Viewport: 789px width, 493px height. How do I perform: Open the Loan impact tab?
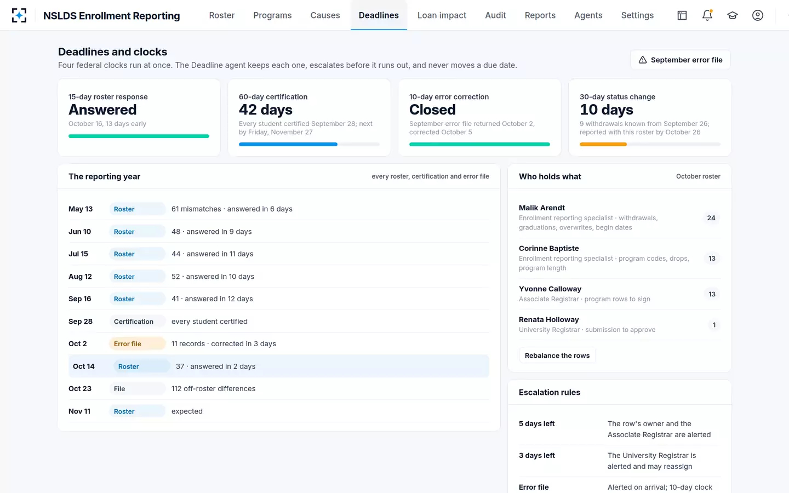point(442,15)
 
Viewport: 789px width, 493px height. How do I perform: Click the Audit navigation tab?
point(495,15)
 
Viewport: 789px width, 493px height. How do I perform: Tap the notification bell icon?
point(707,15)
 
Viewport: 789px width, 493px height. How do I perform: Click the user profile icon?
point(758,15)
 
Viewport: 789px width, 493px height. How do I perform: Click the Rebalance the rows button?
point(557,356)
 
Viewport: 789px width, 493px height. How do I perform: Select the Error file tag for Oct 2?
point(137,343)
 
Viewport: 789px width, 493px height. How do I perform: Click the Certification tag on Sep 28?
point(137,322)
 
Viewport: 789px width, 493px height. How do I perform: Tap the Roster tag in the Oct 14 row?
point(141,366)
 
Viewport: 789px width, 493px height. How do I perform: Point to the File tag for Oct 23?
point(137,389)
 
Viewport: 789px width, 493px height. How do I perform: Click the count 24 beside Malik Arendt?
point(711,218)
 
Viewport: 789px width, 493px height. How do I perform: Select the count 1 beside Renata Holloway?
point(714,325)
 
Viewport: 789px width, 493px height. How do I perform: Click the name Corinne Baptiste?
point(549,248)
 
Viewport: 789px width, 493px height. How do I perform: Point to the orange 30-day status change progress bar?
point(603,145)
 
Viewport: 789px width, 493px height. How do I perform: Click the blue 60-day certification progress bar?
point(288,145)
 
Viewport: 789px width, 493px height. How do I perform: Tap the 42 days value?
point(266,110)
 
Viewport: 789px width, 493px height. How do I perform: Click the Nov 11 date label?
point(79,411)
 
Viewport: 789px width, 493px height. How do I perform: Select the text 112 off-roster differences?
point(214,389)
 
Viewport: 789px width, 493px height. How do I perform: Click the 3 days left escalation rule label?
point(537,455)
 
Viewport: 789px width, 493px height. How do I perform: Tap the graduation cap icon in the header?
point(732,15)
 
